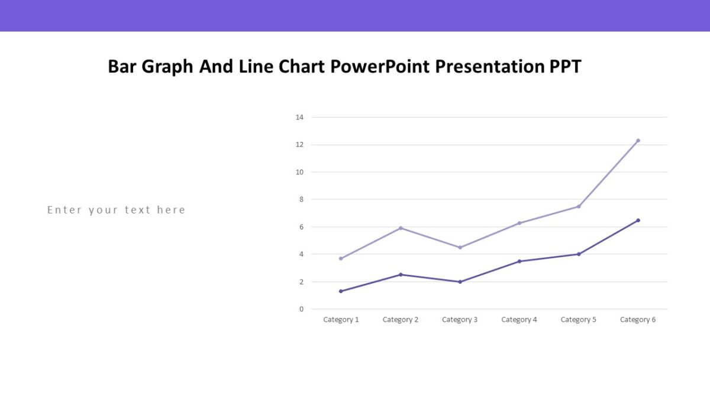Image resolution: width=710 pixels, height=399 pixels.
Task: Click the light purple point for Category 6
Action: point(638,141)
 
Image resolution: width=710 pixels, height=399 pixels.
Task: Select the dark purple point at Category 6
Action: point(638,220)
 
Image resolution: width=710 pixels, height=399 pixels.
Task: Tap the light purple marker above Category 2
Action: point(401,228)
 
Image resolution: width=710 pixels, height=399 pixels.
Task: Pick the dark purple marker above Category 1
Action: point(341,291)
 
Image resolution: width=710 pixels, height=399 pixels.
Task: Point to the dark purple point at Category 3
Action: point(460,282)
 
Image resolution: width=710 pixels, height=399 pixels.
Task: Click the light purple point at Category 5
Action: point(579,206)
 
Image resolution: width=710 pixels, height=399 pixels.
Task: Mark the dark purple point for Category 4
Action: point(519,261)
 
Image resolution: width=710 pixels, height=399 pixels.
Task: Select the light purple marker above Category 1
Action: point(341,258)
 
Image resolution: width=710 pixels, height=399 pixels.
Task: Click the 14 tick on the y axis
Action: point(299,118)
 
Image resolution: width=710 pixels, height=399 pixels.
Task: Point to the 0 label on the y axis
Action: point(301,309)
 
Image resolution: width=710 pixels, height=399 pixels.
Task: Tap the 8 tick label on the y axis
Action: point(301,200)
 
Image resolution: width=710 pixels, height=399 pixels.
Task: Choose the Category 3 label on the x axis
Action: point(460,320)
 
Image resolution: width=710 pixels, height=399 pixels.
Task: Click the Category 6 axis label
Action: point(638,320)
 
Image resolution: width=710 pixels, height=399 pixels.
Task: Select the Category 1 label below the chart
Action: point(341,320)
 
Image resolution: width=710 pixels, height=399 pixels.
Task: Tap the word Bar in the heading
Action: point(122,67)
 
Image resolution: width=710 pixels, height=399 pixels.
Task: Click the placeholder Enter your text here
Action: point(117,210)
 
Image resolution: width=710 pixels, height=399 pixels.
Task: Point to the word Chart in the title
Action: point(302,67)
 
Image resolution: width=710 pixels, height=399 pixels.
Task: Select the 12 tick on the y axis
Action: point(299,145)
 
